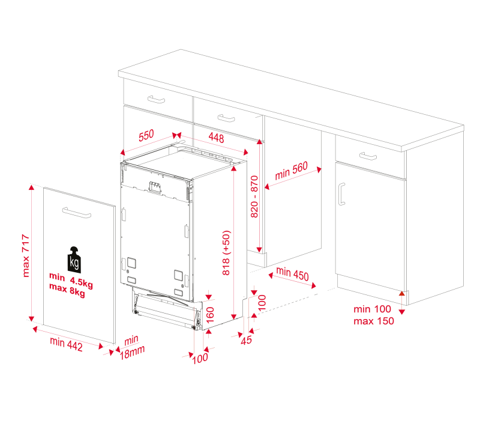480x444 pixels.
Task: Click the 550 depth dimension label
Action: (146, 136)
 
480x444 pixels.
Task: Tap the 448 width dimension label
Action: (216, 138)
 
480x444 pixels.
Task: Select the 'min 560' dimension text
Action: (291, 171)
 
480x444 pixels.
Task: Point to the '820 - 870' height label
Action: (254, 196)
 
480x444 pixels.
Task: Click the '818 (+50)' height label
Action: (226, 253)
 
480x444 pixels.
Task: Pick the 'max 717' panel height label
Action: (26, 256)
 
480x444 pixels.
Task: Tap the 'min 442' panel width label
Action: (66, 344)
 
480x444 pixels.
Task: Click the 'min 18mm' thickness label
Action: (132, 347)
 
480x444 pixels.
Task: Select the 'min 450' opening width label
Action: (292, 273)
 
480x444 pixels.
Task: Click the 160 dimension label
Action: (210, 315)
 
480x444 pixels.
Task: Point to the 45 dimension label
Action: (246, 340)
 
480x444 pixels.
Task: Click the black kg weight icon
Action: (74, 260)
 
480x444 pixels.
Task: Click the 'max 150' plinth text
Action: (374, 321)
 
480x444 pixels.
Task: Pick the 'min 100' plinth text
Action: (372, 309)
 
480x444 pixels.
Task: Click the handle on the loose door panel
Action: (77, 213)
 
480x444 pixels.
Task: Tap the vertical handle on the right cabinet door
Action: (341, 194)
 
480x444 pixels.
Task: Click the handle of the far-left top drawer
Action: (156, 99)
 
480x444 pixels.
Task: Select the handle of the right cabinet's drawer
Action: (368, 156)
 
